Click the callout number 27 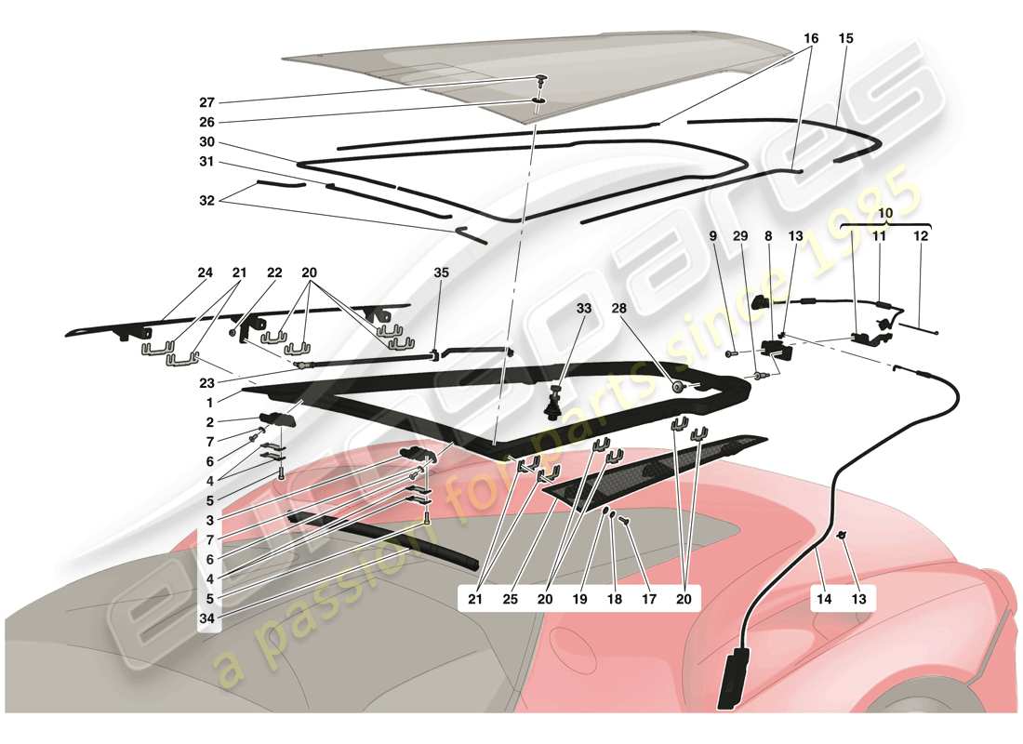206,103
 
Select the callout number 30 206,142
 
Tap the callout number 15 845,39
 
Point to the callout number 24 205,273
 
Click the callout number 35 441,273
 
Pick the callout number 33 583,309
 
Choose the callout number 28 619,309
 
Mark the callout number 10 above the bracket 885,214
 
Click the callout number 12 920,236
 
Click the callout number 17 648,600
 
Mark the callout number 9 713,236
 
